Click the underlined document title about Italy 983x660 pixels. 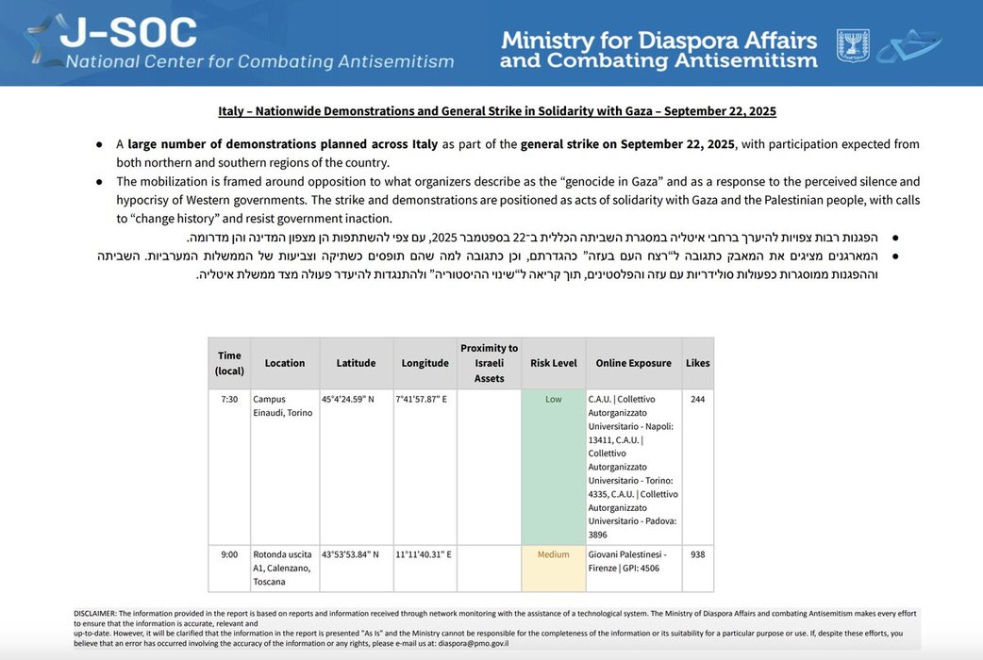(497, 111)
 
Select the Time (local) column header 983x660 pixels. (229, 363)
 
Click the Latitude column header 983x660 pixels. (356, 363)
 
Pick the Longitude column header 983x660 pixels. (425, 363)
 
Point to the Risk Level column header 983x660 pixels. (553, 363)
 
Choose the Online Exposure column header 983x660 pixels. (633, 363)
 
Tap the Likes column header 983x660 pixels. (698, 363)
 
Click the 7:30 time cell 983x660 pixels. (229, 399)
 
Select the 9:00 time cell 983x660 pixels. (229, 554)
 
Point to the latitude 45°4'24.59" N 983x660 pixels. (348, 399)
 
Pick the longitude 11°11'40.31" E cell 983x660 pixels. (425, 554)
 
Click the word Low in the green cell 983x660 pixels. (553, 399)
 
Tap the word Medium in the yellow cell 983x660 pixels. (553, 554)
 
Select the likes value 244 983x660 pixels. (698, 399)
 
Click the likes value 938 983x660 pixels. (698, 554)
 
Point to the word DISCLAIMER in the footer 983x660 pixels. (95, 614)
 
